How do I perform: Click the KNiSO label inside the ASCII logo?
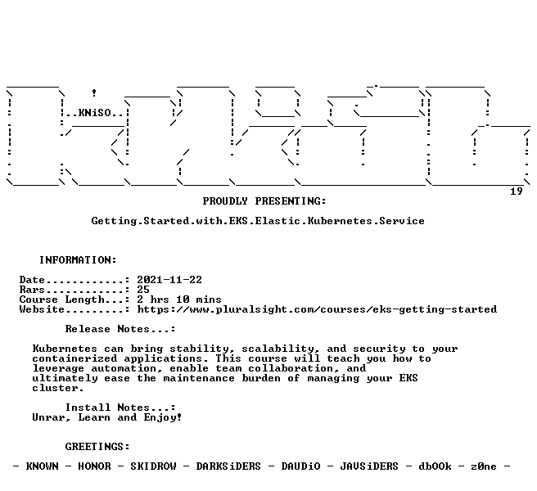pyautogui.click(x=95, y=113)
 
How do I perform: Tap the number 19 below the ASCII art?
pyautogui.click(x=516, y=191)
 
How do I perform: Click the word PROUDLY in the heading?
pyautogui.click(x=225, y=201)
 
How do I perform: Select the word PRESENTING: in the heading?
pyautogui.click(x=291, y=201)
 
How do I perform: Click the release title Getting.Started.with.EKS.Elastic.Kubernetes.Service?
pyautogui.click(x=258, y=221)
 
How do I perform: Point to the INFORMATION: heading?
pyautogui.click(x=78, y=260)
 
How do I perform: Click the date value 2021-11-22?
pyautogui.click(x=169, y=280)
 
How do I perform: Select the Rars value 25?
pyautogui.click(x=143, y=290)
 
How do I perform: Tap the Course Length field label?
pyautogui.click(x=61, y=300)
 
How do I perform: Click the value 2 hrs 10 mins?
pyautogui.click(x=179, y=300)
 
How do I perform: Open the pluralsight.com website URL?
pyautogui.click(x=317, y=309)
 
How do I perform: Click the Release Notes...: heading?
pyautogui.click(x=120, y=329)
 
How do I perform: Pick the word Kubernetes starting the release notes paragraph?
pyautogui.click(x=65, y=349)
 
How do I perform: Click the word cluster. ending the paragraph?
pyautogui.click(x=58, y=388)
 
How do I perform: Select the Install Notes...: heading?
pyautogui.click(x=120, y=408)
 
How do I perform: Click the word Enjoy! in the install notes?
pyautogui.click(x=163, y=417)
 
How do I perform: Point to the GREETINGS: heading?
pyautogui.click(x=97, y=447)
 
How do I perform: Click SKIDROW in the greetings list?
pyautogui.click(x=153, y=466)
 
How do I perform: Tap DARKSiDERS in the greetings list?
pyautogui.click(x=228, y=466)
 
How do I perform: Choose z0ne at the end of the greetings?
pyautogui.click(x=484, y=466)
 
